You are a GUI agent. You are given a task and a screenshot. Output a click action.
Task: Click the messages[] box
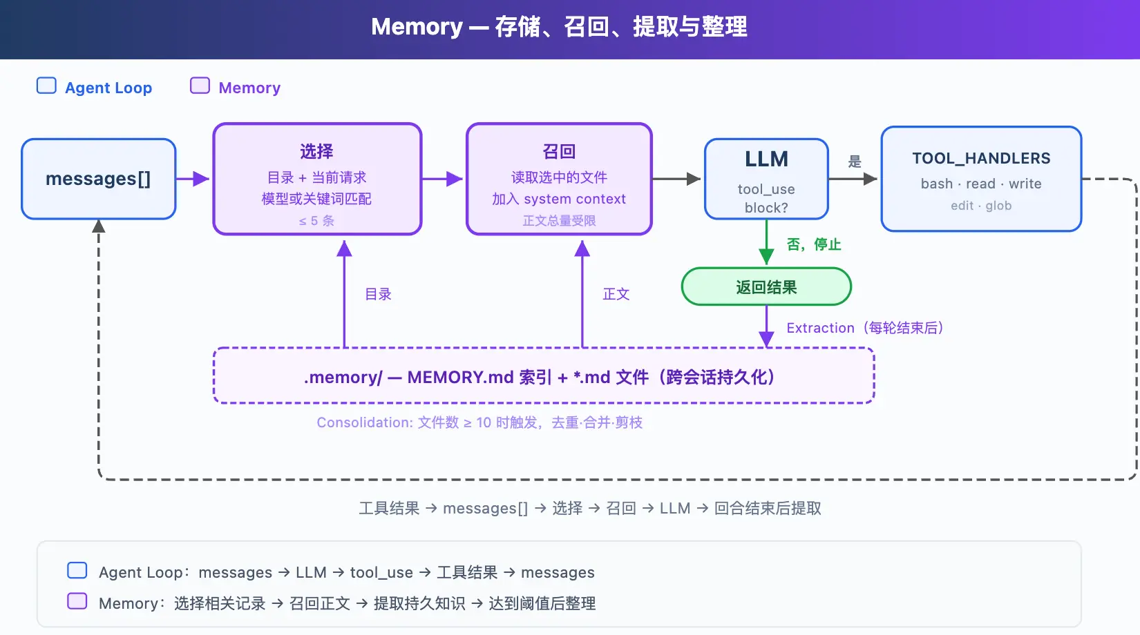[x=99, y=179]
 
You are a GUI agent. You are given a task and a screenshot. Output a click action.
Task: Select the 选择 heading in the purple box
[x=316, y=151]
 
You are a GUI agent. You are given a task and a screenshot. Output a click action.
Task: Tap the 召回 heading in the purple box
[x=560, y=151]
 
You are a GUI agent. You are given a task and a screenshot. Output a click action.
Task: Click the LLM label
[x=766, y=159]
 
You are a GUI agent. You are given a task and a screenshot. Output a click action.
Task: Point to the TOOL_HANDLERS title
[x=981, y=158]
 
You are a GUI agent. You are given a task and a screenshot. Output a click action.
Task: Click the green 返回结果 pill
[x=766, y=286]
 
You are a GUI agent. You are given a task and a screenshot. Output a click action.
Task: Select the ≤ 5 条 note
[x=316, y=221]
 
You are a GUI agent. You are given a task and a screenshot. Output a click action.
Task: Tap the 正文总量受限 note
[x=560, y=221]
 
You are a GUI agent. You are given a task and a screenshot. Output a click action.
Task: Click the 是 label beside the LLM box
[x=855, y=162]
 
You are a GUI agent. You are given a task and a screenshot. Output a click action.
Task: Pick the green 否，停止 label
[x=814, y=244]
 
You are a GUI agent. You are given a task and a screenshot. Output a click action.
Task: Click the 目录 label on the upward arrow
[x=378, y=294]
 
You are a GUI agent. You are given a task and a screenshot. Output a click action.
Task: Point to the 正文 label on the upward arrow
[x=616, y=294]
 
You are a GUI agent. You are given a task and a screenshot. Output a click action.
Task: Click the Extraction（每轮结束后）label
[x=865, y=328]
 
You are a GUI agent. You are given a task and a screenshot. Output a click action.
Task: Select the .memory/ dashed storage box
[x=544, y=375]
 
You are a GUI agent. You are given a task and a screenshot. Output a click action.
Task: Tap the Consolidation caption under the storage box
[x=479, y=422]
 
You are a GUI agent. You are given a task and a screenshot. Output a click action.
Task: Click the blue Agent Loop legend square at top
[x=46, y=86]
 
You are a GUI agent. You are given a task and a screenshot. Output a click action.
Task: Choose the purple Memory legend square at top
[x=200, y=86]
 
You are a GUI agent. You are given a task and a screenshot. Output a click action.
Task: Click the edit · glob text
[x=981, y=206]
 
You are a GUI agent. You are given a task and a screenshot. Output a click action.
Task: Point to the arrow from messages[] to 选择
[x=192, y=179]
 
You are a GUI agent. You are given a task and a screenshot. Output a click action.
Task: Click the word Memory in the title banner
[x=417, y=27]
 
